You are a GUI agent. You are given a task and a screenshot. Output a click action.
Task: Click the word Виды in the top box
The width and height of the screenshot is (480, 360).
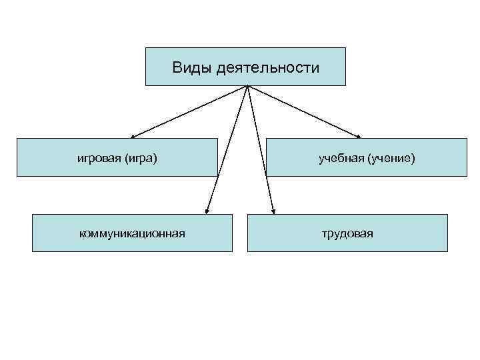(192, 67)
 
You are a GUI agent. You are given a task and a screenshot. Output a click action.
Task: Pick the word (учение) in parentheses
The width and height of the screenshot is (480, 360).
(391, 158)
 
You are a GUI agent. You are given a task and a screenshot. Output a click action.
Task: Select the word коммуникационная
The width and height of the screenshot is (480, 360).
(132, 233)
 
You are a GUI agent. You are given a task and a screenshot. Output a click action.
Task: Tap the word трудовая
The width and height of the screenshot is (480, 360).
(347, 233)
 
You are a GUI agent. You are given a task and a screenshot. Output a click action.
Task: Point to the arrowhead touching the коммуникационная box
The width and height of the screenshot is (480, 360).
(207, 211)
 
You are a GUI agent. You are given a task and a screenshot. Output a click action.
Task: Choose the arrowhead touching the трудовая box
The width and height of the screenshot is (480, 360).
(273, 211)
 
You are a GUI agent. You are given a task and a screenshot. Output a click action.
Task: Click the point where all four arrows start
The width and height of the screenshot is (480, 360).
(247, 86)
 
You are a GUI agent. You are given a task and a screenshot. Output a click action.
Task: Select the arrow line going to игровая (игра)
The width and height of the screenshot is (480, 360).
(190, 111)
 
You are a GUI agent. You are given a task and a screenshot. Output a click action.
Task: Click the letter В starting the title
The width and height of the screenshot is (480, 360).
(177, 67)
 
